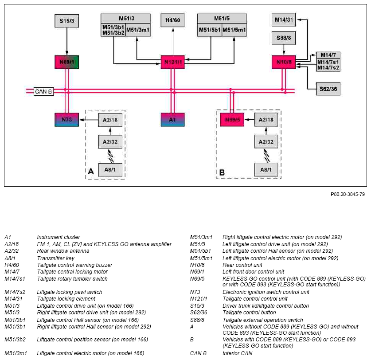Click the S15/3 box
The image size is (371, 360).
67,21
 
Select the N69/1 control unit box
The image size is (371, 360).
67,62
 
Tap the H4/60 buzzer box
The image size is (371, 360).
172,20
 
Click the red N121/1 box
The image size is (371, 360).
173,62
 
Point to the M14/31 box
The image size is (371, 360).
284,20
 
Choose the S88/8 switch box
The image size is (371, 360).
284,38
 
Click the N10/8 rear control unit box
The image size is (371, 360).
284,62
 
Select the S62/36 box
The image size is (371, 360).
328,89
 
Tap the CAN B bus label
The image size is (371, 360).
43,91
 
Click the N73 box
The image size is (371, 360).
67,120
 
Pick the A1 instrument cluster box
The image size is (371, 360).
173,120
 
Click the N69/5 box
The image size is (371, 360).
232,120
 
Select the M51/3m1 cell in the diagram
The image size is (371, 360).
138,30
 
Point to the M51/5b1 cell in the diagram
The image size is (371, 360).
210,30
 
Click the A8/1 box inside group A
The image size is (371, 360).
110,170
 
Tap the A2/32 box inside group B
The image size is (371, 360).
266,142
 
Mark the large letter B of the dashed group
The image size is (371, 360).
222,172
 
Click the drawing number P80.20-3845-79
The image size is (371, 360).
348,194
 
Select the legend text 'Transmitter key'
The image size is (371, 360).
55,258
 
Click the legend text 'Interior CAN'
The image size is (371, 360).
237,353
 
